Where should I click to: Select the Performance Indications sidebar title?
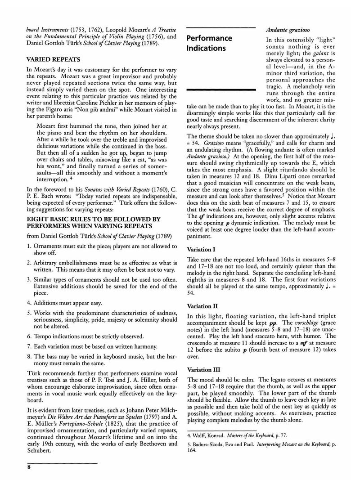(209, 43)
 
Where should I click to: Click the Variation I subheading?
(202, 248)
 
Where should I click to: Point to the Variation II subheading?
(202, 306)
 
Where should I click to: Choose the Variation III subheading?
(203, 370)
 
